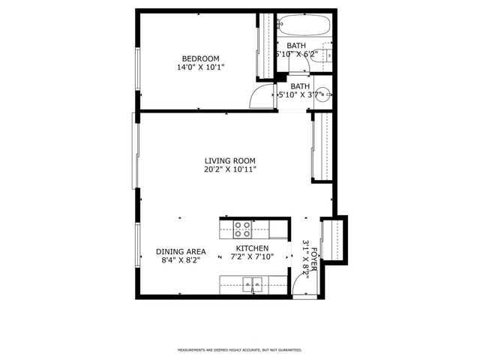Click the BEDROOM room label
[x=200, y=58]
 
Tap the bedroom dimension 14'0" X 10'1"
[x=200, y=67]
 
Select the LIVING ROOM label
[x=230, y=160]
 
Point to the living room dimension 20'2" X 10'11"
[x=230, y=169]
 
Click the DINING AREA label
[x=181, y=252]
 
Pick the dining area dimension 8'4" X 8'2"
[x=181, y=262]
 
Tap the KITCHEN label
[x=252, y=248]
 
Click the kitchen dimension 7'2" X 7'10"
[x=252, y=257]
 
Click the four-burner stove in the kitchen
[x=242, y=228]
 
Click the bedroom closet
[x=265, y=45]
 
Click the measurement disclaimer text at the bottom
[x=239, y=349]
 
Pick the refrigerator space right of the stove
[x=270, y=229]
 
